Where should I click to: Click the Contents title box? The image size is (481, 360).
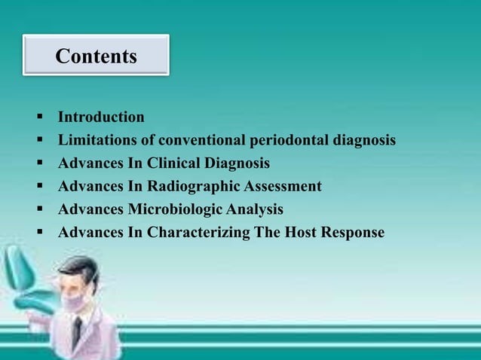pyautogui.click(x=96, y=55)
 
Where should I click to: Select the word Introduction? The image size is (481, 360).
pyautogui.click(x=101, y=117)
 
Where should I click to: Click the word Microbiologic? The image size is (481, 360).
pyautogui.click(x=177, y=209)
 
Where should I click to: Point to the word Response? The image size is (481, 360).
pyautogui.click(x=353, y=233)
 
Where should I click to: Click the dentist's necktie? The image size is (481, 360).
pyautogui.click(x=78, y=331)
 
